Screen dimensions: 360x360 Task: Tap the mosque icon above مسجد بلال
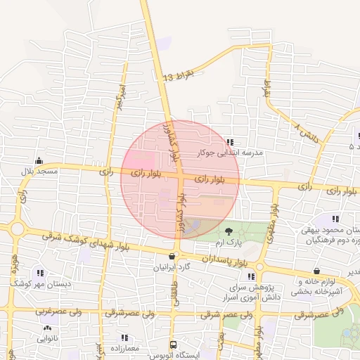(38, 160)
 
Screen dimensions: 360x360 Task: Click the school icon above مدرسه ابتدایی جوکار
(231, 142)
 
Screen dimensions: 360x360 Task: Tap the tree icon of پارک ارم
(228, 231)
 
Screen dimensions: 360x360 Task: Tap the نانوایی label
(49, 338)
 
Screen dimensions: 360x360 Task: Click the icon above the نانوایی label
(47, 328)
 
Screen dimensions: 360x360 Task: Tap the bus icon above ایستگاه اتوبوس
(173, 345)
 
